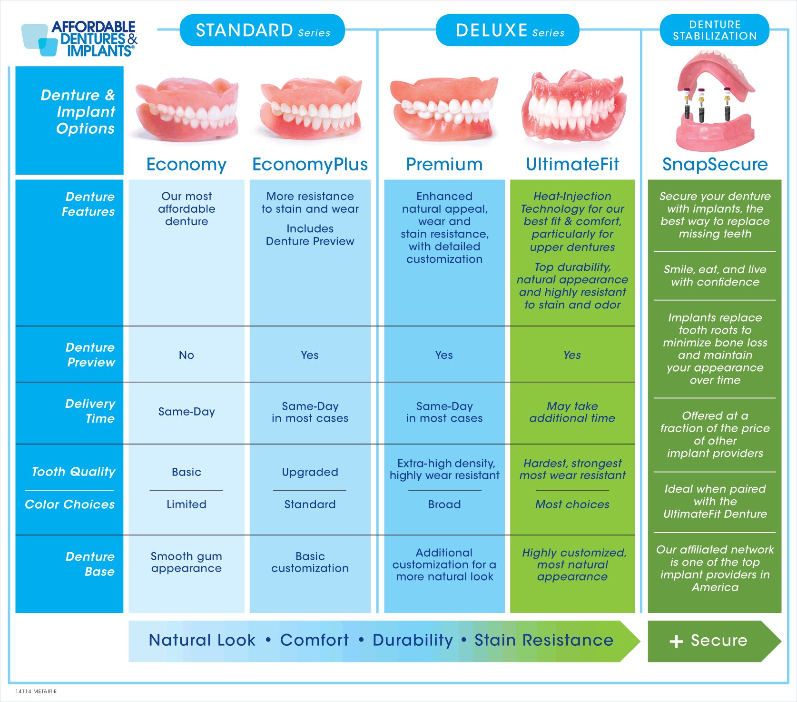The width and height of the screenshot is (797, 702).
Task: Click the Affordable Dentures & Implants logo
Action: pos(79,39)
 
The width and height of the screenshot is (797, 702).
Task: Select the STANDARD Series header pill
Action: pos(262,30)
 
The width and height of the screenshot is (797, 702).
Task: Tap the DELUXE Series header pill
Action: pos(508,30)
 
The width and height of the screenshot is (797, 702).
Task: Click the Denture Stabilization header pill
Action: pos(715,30)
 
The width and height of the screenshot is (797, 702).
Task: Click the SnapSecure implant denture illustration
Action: pos(715,101)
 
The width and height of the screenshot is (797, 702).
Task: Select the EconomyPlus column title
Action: pos(310,164)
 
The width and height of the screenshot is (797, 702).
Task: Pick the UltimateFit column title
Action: pos(572,164)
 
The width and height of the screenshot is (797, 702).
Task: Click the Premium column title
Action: pos(444,164)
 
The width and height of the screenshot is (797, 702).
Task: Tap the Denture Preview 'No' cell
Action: pos(187,355)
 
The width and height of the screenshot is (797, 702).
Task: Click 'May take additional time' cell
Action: pos(572,412)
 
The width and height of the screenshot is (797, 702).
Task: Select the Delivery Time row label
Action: pos(90,411)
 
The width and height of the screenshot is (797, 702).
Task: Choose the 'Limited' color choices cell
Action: pos(187,504)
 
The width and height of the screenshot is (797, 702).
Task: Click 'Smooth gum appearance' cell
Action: pos(187,562)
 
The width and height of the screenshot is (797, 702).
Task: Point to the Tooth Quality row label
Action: pos(74,472)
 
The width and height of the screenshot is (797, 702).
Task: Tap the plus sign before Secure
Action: pos(676,642)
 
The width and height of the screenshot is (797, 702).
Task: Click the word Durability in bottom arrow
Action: pos(413,640)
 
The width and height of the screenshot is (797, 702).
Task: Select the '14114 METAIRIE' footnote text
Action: pos(36,692)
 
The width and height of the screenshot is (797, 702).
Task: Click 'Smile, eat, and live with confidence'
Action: pos(715,276)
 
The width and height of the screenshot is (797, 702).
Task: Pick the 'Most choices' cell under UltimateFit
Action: pos(572,504)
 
